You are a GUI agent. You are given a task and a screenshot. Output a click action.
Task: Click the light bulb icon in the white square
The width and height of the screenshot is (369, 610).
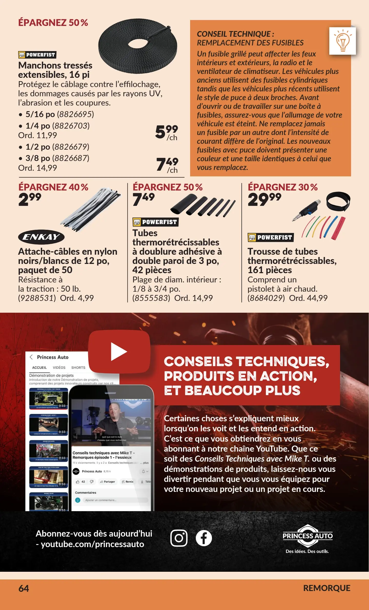(x=343, y=41)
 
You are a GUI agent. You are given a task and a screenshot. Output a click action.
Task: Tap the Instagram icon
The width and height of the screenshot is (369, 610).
(x=179, y=538)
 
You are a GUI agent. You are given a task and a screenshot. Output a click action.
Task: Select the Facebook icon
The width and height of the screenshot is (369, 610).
(x=204, y=538)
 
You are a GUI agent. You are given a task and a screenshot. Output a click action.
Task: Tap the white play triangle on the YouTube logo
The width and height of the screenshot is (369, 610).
(x=119, y=352)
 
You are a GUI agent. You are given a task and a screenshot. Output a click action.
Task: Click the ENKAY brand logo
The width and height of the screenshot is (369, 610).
(x=41, y=237)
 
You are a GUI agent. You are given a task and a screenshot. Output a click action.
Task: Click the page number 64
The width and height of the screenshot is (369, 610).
(x=24, y=588)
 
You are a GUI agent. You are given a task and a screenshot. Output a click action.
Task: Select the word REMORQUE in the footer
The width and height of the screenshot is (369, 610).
(x=327, y=588)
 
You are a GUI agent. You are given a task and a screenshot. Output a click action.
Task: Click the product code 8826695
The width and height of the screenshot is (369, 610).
(x=75, y=114)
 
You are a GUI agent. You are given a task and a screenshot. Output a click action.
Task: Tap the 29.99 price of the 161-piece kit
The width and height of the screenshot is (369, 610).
(x=264, y=199)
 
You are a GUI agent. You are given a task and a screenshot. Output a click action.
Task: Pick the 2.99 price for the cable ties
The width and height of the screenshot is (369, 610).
(x=30, y=199)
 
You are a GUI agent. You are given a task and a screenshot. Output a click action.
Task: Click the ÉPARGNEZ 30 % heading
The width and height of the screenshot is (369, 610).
(x=283, y=187)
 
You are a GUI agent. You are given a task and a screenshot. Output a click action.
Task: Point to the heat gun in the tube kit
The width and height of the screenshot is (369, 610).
(x=307, y=210)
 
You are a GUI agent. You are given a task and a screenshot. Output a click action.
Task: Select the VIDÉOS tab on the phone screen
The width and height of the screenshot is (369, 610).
(x=59, y=368)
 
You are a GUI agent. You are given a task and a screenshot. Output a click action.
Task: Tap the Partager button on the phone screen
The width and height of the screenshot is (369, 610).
(x=108, y=482)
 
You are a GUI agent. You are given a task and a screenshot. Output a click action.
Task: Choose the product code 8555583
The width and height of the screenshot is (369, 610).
(x=151, y=298)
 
